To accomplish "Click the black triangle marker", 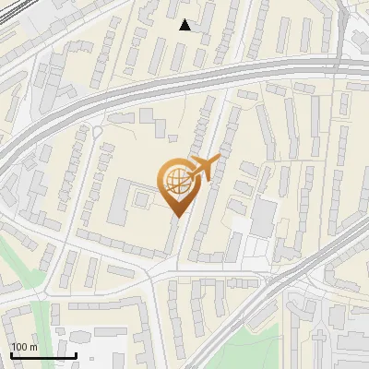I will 185,25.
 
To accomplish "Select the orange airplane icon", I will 204,169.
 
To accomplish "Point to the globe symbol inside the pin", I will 176,180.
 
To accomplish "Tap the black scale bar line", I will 42,355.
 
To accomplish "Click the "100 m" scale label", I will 24,347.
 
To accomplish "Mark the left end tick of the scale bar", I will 10,353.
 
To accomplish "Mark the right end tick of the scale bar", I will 76,353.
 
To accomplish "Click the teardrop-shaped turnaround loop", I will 97,132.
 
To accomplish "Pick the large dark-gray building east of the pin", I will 264,218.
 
